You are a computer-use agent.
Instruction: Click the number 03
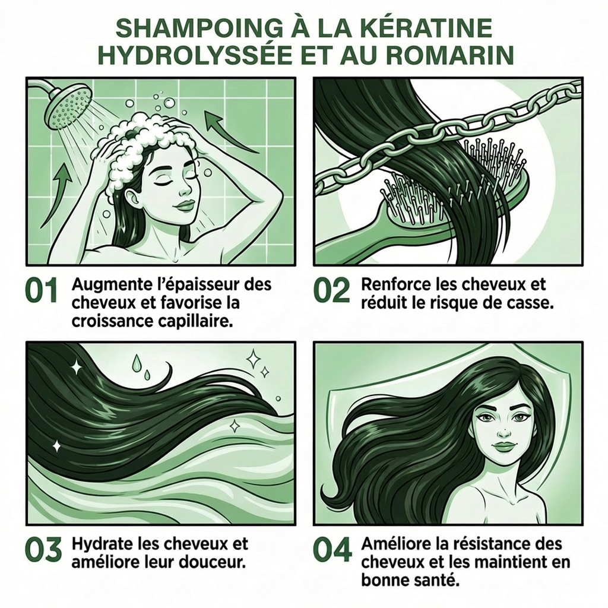tap(43, 551)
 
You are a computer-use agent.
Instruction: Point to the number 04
tap(332, 551)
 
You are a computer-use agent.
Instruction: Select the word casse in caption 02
tap(531, 302)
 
